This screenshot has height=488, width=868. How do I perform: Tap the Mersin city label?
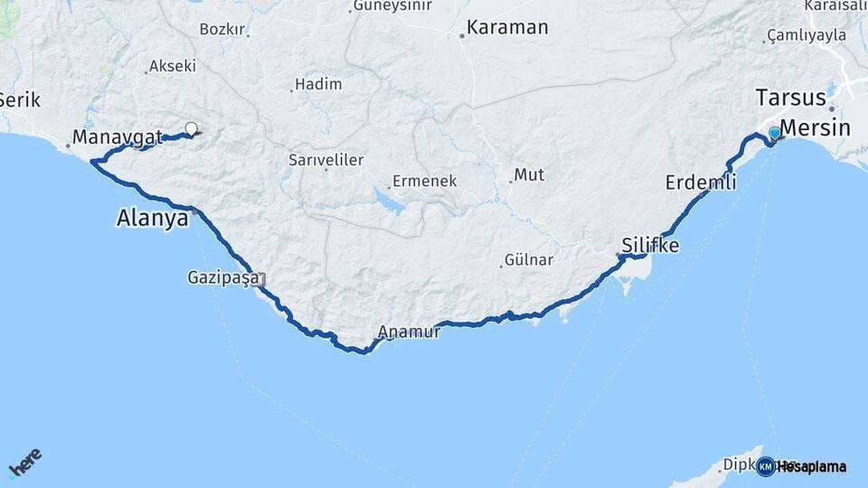pos(815,127)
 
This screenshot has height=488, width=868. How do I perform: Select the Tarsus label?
pos(791,98)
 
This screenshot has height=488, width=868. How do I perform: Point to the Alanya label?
pos(153,218)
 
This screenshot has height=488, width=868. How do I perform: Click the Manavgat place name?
pos(118,138)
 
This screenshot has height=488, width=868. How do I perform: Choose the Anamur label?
pos(410,332)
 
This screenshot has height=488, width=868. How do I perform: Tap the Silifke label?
pos(650,245)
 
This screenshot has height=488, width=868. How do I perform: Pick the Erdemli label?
pos(701,183)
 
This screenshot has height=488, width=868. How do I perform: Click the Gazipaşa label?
pos(223,277)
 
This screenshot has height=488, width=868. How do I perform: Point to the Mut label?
pos(529,174)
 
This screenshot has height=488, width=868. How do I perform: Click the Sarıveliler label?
pos(325,160)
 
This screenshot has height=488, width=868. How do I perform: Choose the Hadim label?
pos(321,84)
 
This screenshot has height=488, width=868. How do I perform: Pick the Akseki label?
pos(173,66)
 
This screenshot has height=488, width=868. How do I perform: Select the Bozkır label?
pos(222,29)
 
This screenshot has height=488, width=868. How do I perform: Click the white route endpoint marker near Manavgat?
pos(191,128)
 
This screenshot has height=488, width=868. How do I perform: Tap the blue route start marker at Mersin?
pos(774,134)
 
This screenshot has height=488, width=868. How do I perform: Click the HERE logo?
pos(24,462)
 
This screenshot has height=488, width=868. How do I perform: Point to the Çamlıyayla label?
pos(807,35)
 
